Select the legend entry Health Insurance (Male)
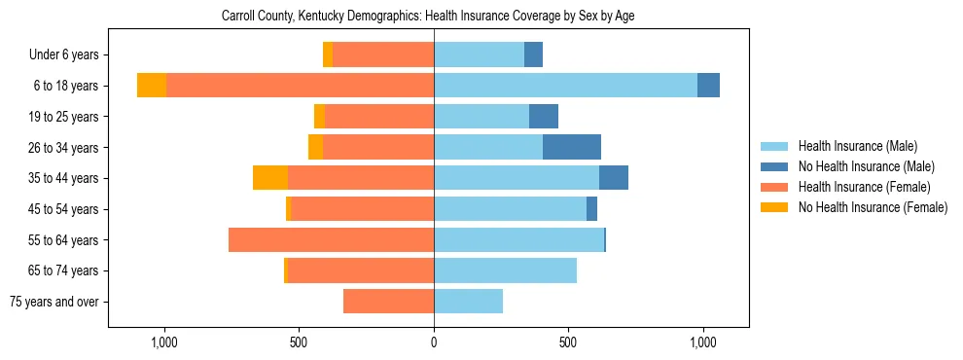[x=857, y=146]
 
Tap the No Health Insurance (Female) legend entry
[x=873, y=207]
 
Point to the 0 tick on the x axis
[x=434, y=342]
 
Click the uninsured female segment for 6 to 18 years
[x=152, y=86]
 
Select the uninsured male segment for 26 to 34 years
[x=572, y=147]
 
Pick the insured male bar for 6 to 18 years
[x=565, y=86]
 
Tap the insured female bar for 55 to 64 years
[x=331, y=240]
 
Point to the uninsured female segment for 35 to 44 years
[x=270, y=178]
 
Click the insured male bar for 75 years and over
[x=468, y=302]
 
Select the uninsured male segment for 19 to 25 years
[x=544, y=117]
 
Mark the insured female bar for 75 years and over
[x=388, y=302]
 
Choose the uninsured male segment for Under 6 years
[x=533, y=54]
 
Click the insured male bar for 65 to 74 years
[x=505, y=270]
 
